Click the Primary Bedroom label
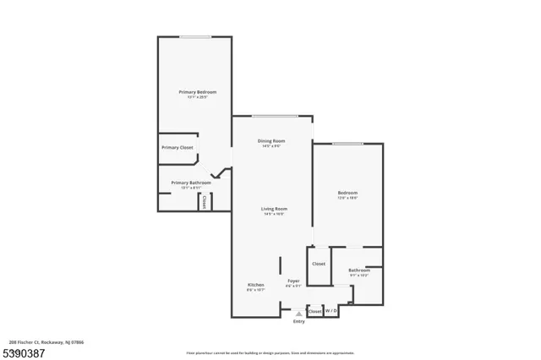[197, 91]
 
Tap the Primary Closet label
[178, 148]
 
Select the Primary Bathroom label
[191, 183]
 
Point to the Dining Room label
[271, 140]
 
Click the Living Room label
[274, 209]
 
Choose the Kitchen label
[256, 285]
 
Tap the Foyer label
[293, 281]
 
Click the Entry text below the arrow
[298, 322]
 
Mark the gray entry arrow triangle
[298, 313]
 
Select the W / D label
[331, 311]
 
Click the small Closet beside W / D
[314, 311]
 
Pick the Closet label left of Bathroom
[319, 264]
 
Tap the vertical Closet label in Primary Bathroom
[204, 202]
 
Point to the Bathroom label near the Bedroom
[359, 270]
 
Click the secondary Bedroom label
[347, 194]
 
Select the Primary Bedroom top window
[195, 36]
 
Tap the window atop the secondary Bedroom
[347, 144]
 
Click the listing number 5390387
[24, 350]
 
